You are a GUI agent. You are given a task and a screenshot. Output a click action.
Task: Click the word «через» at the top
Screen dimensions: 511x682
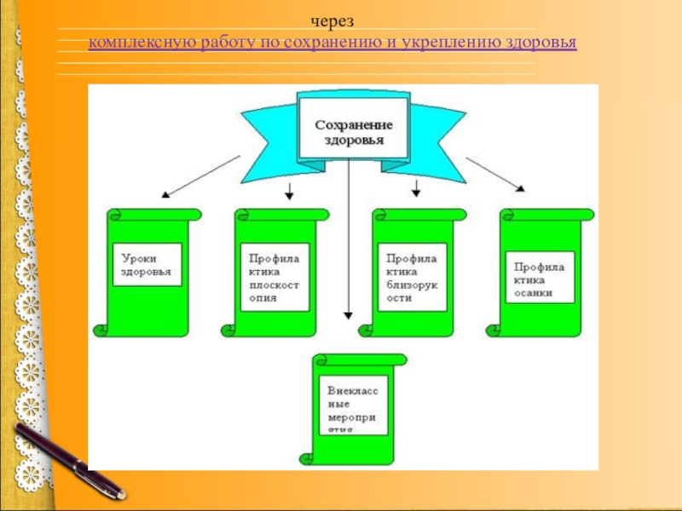point(332,20)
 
